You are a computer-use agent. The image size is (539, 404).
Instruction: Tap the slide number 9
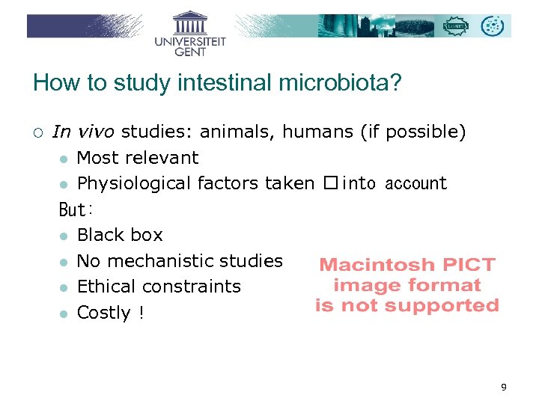[504, 387]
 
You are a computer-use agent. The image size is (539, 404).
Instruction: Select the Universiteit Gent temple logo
[189, 22]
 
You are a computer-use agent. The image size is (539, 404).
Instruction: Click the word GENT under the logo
[190, 52]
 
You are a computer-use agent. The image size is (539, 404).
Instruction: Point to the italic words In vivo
[83, 132]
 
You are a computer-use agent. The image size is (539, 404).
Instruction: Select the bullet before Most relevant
[65, 159]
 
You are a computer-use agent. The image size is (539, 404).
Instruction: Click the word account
[415, 183]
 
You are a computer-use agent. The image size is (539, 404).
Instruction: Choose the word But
[73, 209]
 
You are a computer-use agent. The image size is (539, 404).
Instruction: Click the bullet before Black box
[65, 236]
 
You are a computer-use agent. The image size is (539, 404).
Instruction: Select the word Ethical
[104, 287]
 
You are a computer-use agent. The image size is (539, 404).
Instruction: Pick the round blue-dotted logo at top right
[493, 26]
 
